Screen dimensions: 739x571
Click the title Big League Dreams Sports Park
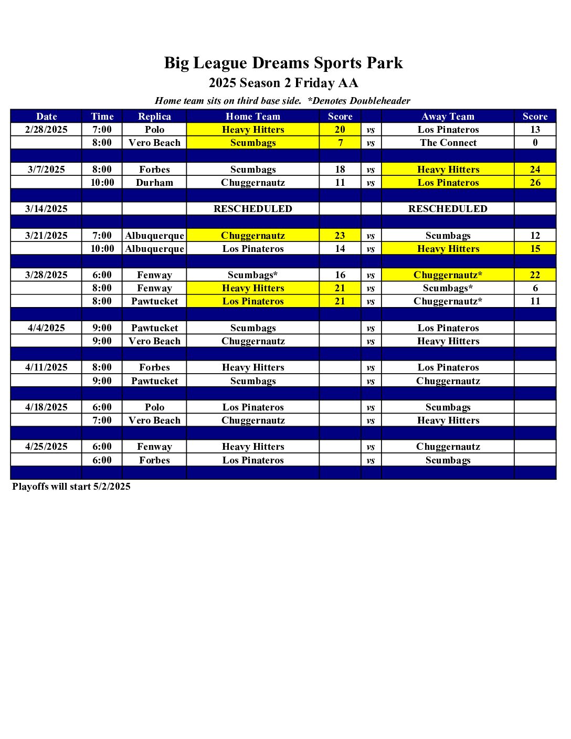point(283,63)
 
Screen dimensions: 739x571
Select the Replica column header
point(154,117)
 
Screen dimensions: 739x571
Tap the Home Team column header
point(252,117)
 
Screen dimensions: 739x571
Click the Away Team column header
point(448,117)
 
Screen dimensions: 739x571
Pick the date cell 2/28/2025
point(46,130)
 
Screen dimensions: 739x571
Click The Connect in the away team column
point(448,143)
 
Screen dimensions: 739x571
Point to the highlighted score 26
point(535,183)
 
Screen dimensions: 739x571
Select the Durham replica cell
point(154,183)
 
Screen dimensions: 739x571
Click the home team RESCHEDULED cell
point(252,209)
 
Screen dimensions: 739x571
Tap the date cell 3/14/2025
point(46,209)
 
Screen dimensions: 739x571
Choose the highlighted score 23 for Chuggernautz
point(340,236)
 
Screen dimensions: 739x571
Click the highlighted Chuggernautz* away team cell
point(448,275)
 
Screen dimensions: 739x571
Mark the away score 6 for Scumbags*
point(535,288)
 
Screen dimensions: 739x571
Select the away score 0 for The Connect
point(535,143)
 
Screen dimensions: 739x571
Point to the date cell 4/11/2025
point(46,367)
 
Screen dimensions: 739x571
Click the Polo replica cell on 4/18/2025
point(154,407)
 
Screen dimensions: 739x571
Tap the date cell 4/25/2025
point(46,447)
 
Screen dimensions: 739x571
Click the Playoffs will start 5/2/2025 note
point(71,487)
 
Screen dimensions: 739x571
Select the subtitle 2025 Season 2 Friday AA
point(283,83)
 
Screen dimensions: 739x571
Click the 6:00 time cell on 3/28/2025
point(102,275)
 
